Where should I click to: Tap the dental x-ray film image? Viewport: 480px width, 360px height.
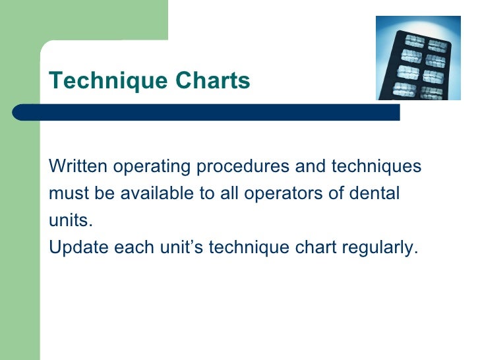(x=418, y=58)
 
